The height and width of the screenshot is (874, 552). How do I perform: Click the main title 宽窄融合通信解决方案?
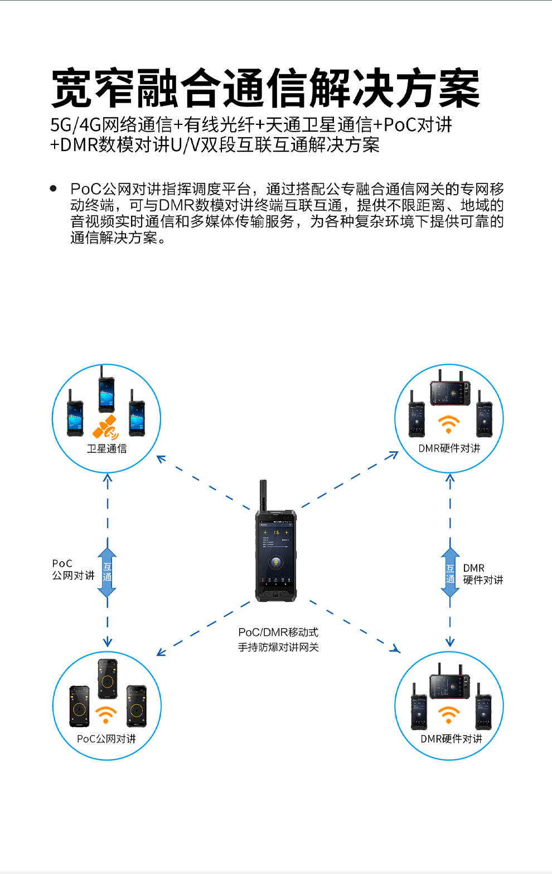[x=265, y=88]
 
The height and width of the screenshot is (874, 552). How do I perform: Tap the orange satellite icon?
[x=106, y=428]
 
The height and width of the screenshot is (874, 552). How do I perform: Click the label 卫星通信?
[x=106, y=448]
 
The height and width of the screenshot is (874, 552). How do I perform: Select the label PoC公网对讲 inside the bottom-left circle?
[x=106, y=739]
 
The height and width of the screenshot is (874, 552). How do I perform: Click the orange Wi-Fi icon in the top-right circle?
[x=448, y=424]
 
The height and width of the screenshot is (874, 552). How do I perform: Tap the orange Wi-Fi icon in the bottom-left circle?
[x=106, y=714]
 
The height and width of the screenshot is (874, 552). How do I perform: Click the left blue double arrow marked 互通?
[x=107, y=573]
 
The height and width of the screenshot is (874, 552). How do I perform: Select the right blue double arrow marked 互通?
[x=450, y=573]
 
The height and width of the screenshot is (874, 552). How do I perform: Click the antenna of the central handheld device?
[x=263, y=495]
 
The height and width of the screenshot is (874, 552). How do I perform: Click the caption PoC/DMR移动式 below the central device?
[x=278, y=632]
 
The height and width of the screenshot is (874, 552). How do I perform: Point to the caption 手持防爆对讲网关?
[x=278, y=648]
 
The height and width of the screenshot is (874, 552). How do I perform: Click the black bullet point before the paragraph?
[x=54, y=189]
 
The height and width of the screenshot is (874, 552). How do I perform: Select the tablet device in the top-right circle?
[x=450, y=393]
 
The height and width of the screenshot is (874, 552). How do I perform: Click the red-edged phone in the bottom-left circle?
[x=79, y=707]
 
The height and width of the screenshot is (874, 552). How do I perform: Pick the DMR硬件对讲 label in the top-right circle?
[x=449, y=448]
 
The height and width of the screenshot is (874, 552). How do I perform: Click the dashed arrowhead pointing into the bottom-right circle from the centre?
[x=396, y=649]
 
